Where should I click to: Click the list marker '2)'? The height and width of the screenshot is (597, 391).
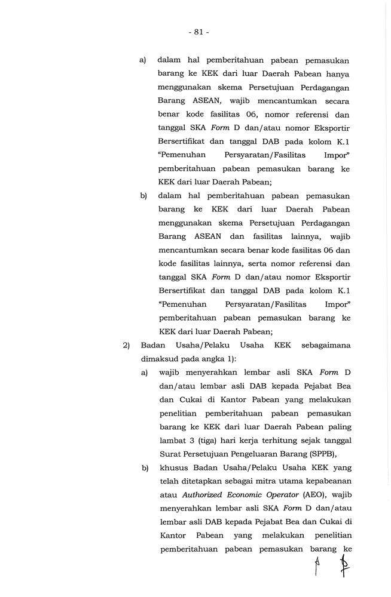click(126, 345)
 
